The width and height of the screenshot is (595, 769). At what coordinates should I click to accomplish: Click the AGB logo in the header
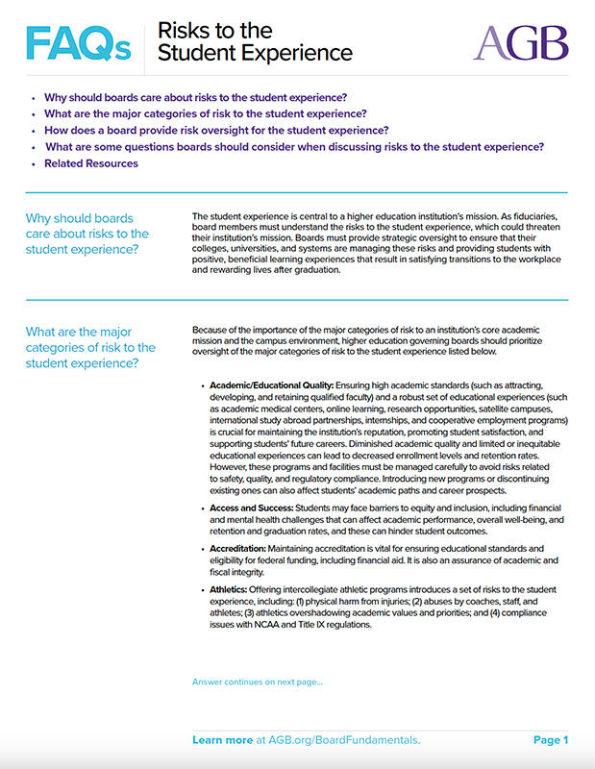click(x=520, y=42)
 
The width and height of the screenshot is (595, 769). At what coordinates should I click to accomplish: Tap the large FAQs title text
click(x=78, y=42)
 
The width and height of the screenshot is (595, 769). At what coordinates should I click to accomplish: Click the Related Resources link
click(x=91, y=163)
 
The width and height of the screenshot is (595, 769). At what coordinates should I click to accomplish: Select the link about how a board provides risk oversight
click(x=216, y=131)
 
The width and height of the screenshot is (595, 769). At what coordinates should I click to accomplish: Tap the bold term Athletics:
click(x=231, y=589)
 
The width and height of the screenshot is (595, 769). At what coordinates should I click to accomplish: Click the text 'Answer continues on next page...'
click(x=258, y=682)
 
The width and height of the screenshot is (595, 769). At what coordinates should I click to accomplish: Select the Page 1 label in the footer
click(x=551, y=740)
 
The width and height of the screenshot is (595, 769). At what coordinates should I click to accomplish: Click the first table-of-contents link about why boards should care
click(x=196, y=97)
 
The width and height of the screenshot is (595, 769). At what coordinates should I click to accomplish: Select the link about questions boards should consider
click(x=294, y=147)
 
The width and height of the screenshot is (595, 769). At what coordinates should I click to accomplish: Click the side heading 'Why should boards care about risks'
click(x=87, y=235)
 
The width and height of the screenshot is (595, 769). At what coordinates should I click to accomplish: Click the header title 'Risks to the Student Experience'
click(x=255, y=42)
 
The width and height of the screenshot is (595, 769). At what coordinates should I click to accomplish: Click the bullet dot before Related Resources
click(x=34, y=164)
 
